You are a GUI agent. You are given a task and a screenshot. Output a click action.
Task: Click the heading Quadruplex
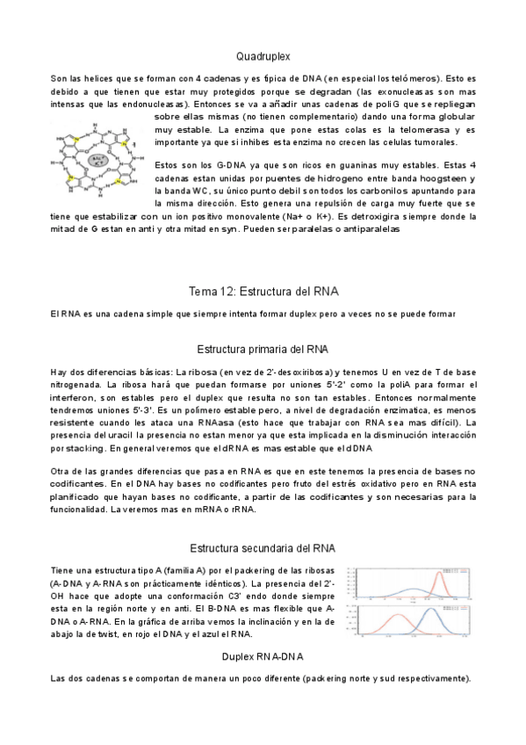coord(263,54)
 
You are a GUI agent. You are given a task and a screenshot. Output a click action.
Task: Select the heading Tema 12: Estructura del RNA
coord(263,291)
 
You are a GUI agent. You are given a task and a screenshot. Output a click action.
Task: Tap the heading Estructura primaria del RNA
coord(263,348)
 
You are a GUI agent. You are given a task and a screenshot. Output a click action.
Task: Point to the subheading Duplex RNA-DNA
coord(263,656)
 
